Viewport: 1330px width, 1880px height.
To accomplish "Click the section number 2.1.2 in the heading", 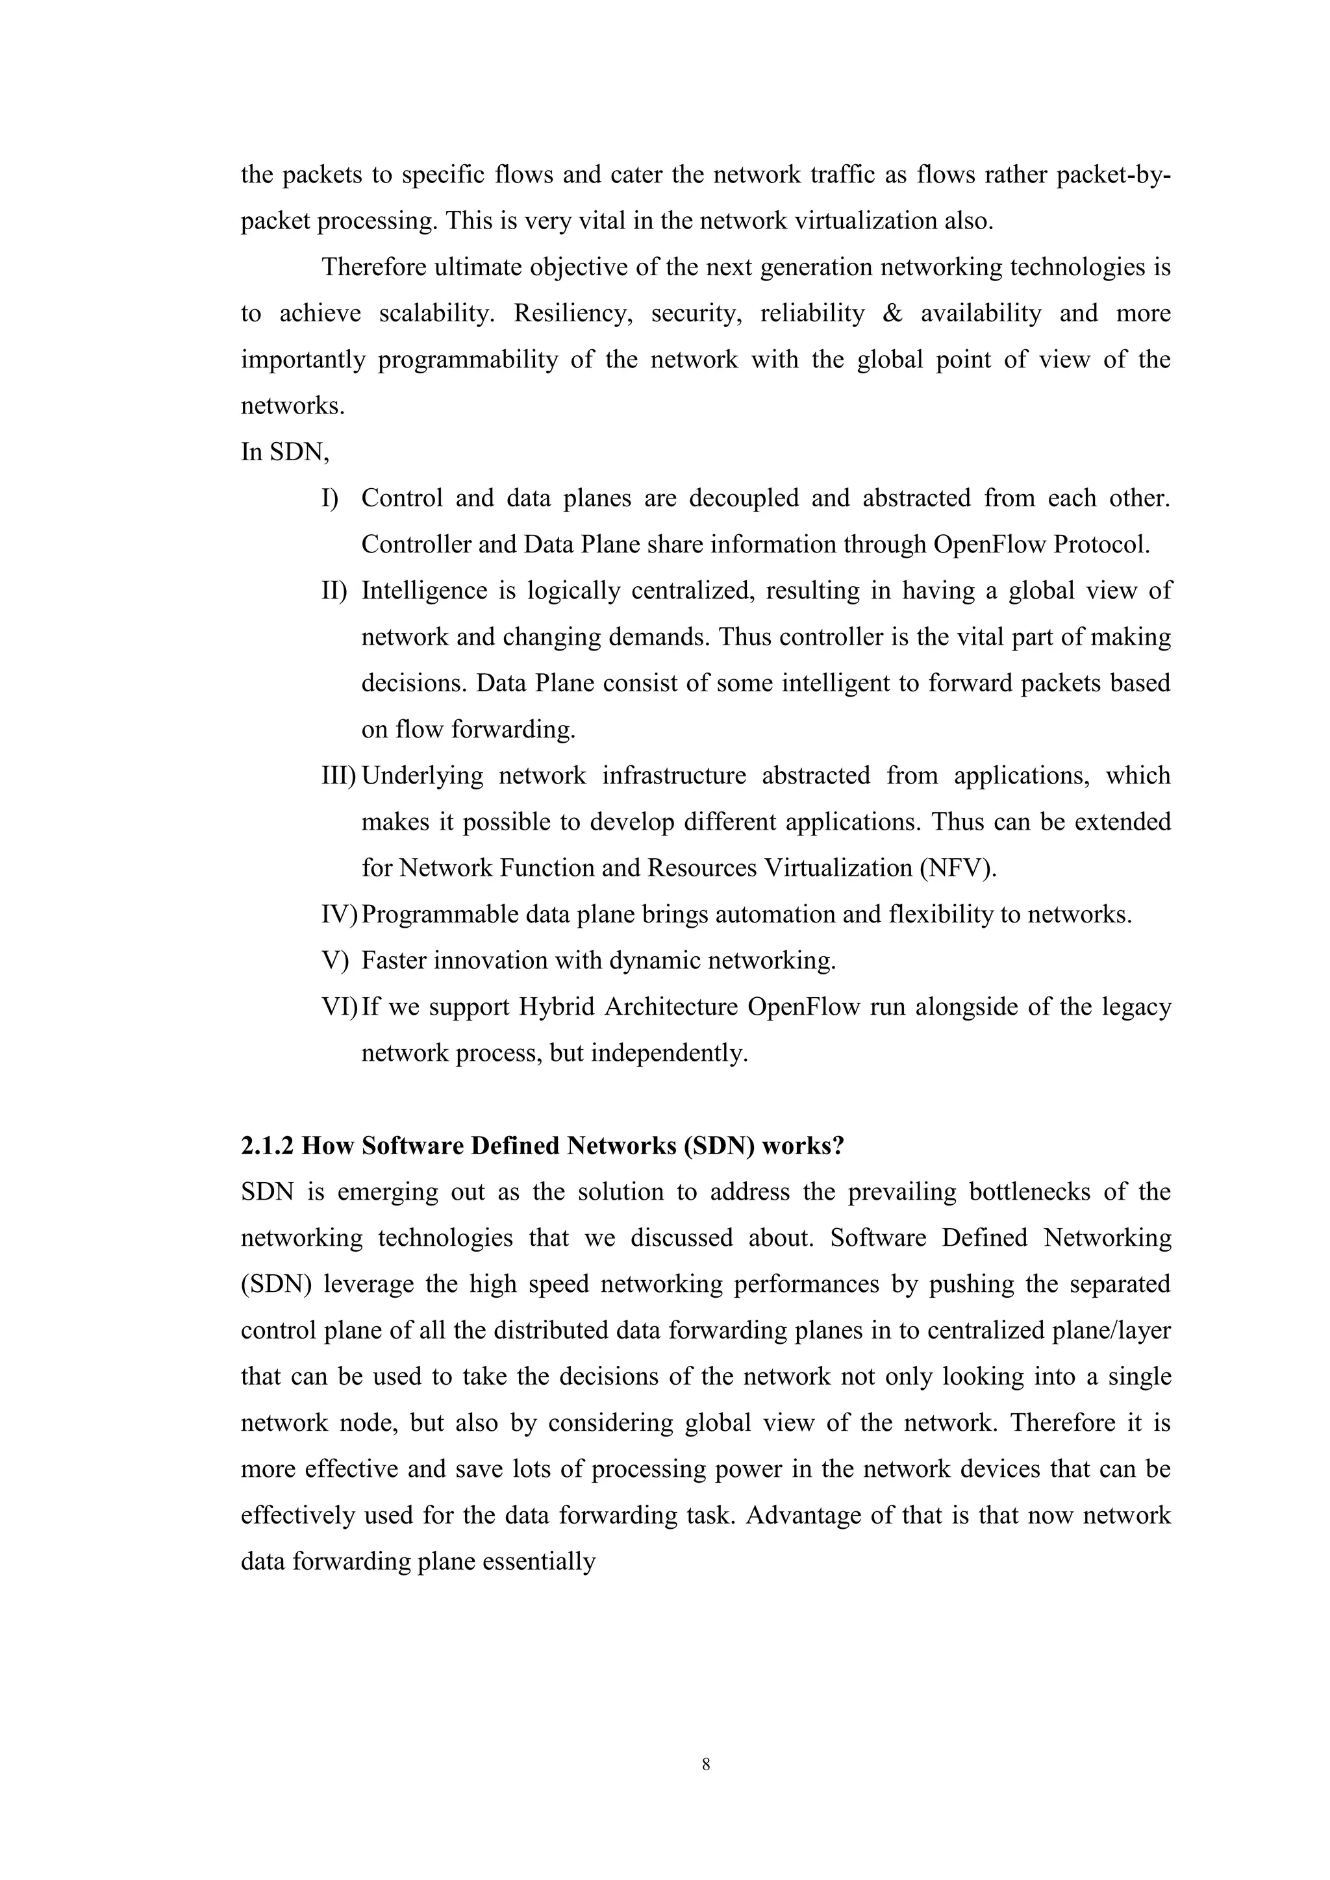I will click(267, 1146).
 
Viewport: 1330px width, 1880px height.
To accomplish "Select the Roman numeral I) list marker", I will click(330, 498).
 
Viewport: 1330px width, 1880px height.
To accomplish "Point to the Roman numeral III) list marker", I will click(338, 775).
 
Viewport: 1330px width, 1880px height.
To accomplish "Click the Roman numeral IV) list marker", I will click(339, 914).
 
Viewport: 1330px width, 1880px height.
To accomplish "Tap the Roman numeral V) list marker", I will click(335, 961).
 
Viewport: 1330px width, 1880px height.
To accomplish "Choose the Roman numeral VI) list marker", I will click(339, 1006).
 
